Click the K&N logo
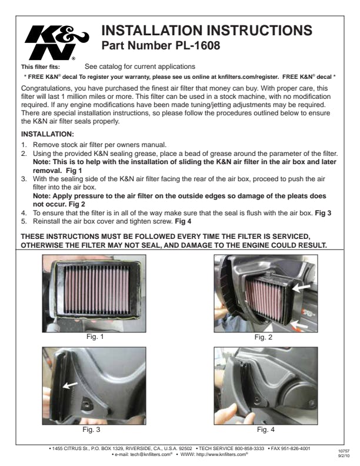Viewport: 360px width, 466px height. click(56, 42)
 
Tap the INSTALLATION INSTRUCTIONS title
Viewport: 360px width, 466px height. click(206, 31)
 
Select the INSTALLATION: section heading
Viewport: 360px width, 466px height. click(48, 134)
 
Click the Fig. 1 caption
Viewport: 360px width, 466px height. click(95, 337)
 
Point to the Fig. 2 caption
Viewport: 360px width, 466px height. click(263, 337)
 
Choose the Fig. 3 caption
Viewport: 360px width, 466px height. click(91, 430)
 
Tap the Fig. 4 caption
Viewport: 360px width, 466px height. click(266, 430)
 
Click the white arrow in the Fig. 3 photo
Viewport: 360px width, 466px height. click(71, 385)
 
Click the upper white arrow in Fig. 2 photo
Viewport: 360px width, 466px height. click(301, 287)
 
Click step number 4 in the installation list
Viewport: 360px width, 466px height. click(24, 213)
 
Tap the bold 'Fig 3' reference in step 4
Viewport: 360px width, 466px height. click(323, 213)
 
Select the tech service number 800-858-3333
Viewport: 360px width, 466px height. click(249, 448)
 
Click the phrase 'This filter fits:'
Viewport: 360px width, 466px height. click(41, 67)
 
